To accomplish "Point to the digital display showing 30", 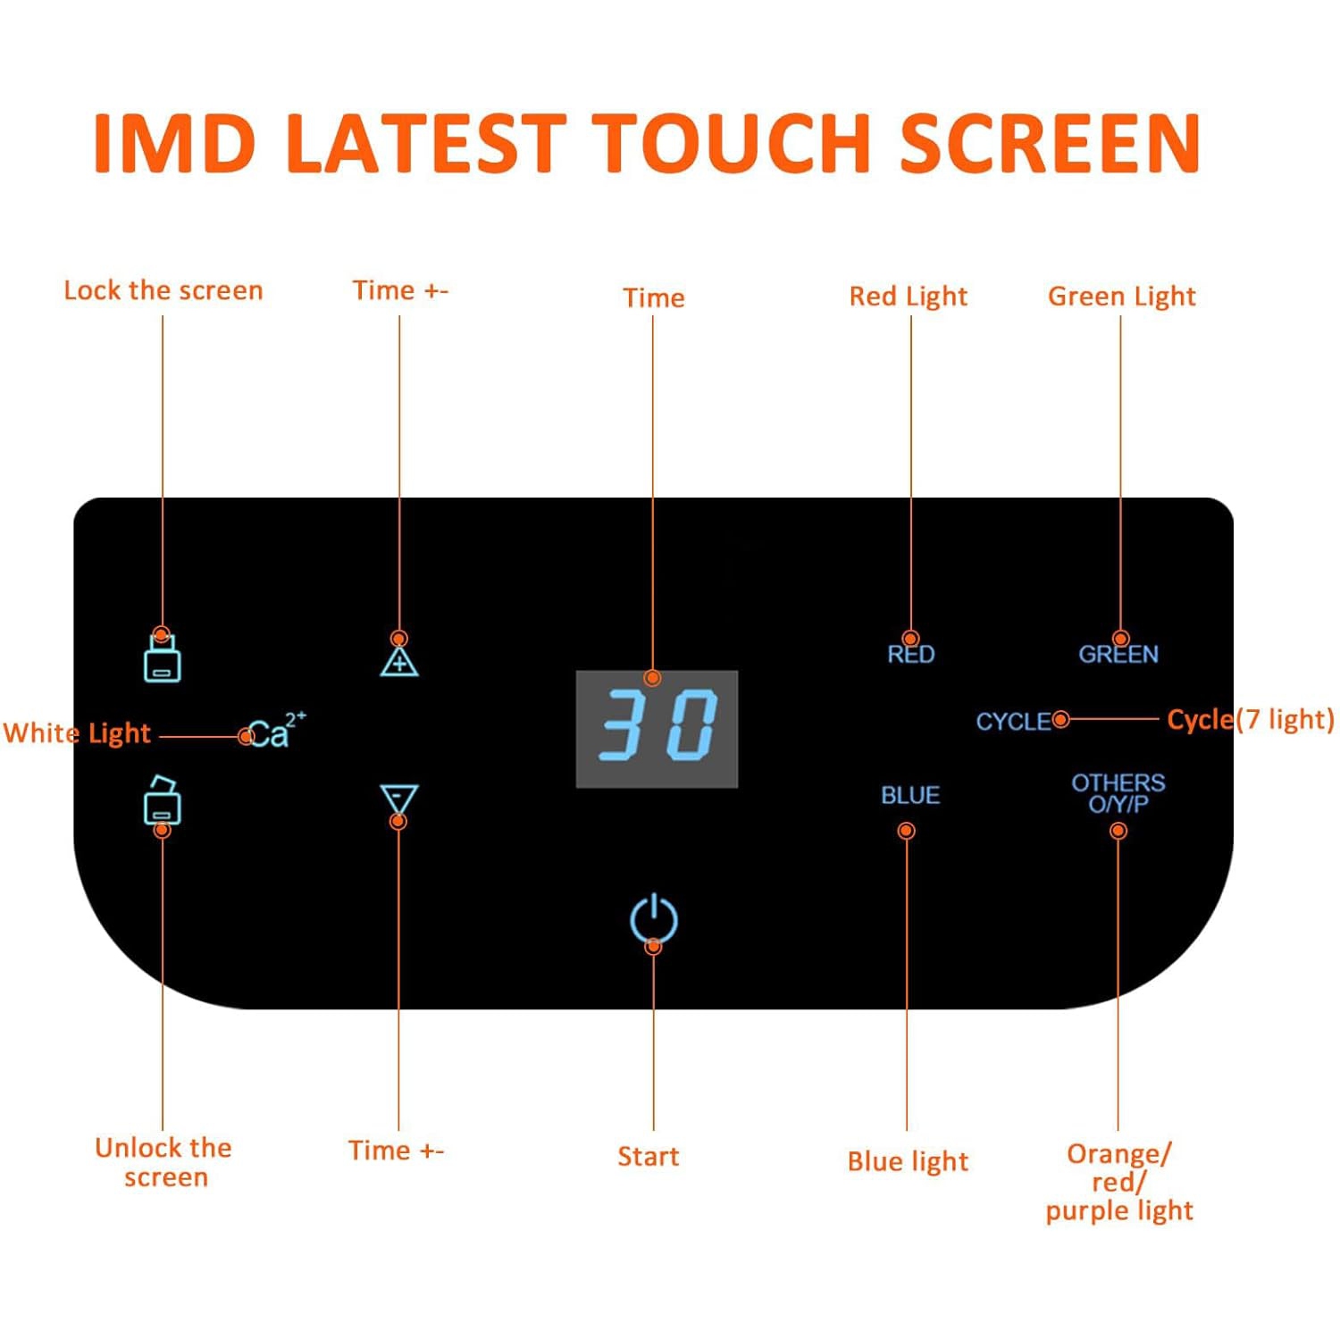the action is click(x=657, y=728).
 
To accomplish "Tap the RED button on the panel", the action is click(x=911, y=654).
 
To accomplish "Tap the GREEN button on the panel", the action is click(x=1118, y=654).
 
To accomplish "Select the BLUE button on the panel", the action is click(x=910, y=795).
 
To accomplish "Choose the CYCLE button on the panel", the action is click(x=1013, y=721).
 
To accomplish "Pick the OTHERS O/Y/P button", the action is click(x=1118, y=793).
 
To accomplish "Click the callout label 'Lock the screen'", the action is click(x=163, y=290).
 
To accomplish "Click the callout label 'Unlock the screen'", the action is click(x=164, y=1162).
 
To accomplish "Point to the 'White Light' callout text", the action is click(x=77, y=733).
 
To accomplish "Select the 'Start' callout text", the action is click(x=649, y=1157).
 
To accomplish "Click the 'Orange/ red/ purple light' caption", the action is click(x=1119, y=1182).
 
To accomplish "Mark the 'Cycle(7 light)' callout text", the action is click(x=1251, y=720).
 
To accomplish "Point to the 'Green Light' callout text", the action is click(x=1122, y=296).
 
